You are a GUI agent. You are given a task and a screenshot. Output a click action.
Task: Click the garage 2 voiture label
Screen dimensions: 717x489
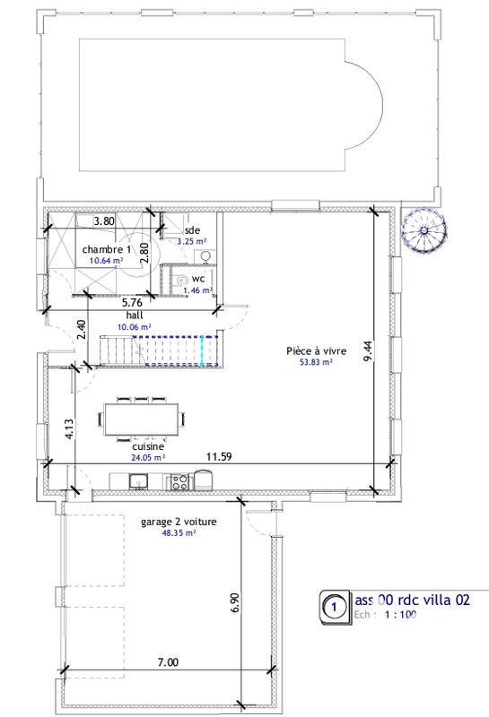pos(179,521)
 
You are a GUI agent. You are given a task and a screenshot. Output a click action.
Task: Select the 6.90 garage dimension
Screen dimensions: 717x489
pos(233,601)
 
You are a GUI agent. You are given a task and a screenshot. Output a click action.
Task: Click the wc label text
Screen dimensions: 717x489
pos(198,279)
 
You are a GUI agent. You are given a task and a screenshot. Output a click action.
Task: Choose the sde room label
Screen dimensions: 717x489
pos(192,229)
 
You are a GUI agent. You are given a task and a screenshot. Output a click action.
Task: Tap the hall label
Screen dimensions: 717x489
pos(135,315)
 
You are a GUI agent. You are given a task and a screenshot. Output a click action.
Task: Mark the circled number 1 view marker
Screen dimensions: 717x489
pos(333,606)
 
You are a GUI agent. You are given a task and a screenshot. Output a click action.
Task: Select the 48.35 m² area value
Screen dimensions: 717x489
pos(179,532)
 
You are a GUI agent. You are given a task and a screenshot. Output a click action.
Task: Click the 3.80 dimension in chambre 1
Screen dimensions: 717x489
pos(105,220)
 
